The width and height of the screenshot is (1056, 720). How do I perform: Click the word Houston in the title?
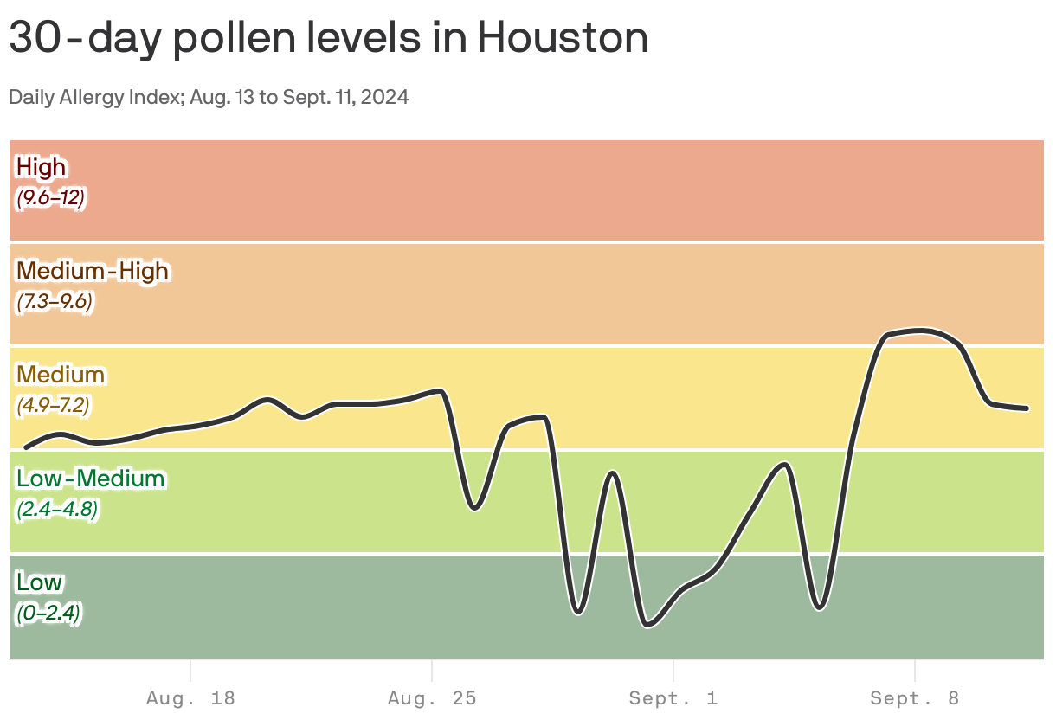point(563,39)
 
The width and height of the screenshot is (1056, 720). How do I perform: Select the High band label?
point(42,166)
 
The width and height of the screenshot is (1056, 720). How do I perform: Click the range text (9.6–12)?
point(50,198)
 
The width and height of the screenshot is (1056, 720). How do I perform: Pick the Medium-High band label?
point(93,271)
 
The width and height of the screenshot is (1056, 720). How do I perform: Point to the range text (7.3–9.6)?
point(55,302)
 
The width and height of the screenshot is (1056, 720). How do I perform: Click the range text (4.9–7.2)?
point(53,405)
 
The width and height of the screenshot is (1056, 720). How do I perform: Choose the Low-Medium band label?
point(90,479)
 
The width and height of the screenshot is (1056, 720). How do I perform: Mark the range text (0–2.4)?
point(48,614)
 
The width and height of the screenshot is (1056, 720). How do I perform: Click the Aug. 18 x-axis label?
point(190,698)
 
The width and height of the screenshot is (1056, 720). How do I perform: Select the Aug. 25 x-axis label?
point(432,698)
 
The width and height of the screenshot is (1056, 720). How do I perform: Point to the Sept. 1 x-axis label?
point(673,698)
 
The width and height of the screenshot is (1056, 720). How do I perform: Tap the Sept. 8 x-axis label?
point(915,698)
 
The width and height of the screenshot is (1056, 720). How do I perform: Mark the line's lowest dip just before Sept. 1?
point(648,624)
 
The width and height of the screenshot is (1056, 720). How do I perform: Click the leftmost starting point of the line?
point(26,447)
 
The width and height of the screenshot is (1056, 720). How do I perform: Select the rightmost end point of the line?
point(1027,408)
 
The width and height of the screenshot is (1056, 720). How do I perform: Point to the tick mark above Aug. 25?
point(432,671)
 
